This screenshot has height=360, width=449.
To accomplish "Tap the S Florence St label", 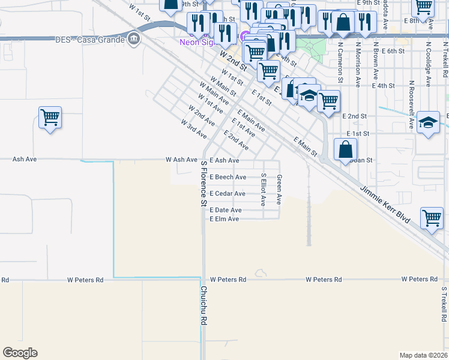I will tap(203, 183).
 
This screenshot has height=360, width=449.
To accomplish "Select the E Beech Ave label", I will tap(228, 177).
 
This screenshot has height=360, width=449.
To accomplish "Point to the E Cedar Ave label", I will tap(227, 193).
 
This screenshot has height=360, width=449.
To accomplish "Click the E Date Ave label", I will tap(225, 209).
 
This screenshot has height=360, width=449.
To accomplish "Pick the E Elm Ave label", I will tap(224, 219).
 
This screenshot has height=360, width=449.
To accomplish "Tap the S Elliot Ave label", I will tap(263, 190).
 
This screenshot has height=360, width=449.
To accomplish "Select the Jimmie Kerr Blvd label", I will tap(385, 205).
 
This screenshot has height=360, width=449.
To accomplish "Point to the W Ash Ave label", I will tap(181, 160).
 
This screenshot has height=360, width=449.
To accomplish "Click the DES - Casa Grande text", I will tap(88, 40).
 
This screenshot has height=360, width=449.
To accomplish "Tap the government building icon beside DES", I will tap(133, 40).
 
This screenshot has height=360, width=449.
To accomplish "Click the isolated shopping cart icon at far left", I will tap(50, 116).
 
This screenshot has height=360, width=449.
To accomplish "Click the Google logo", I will tap(20, 353).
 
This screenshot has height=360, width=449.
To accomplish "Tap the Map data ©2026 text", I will tap(423, 355).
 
